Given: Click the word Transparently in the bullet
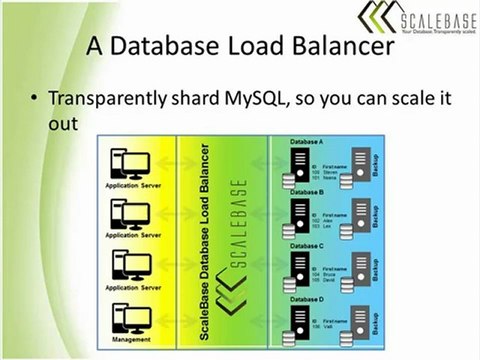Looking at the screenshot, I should (x=110, y=99).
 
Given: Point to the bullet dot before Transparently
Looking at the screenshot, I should (x=36, y=100).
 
